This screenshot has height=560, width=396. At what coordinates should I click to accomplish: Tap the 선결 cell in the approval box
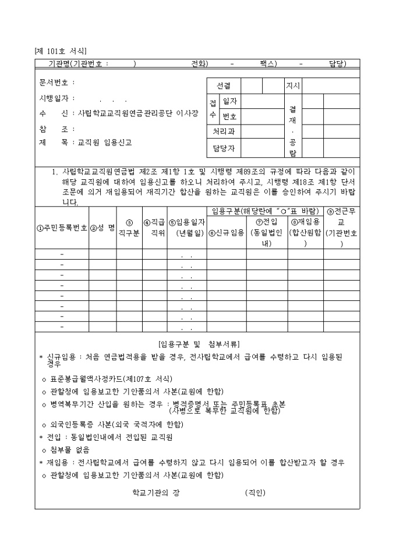pyautogui.click(x=224, y=86)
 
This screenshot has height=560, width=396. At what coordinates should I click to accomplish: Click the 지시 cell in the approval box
pyautogui.click(x=292, y=86)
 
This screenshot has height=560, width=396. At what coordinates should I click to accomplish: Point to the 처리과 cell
pyautogui.click(x=224, y=132)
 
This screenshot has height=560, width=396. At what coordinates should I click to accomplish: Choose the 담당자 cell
pyautogui.click(x=224, y=148)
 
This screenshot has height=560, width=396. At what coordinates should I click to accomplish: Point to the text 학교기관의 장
pyautogui.click(x=155, y=492)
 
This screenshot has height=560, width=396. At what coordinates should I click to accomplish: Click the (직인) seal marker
pyautogui.click(x=254, y=492)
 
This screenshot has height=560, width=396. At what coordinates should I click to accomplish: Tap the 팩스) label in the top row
pyautogui.click(x=268, y=64)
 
